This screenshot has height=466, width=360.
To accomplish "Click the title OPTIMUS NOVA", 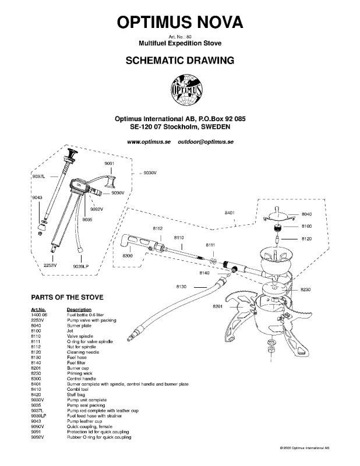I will tap(180, 22).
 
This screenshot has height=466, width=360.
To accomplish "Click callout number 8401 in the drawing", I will tap(230, 214).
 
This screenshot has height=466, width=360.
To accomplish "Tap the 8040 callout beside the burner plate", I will tap(307, 214).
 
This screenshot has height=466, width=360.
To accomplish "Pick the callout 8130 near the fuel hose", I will tap(181, 287).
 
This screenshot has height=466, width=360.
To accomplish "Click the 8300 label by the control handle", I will tap(128, 256).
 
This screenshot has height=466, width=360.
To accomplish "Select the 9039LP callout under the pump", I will tap(81, 266).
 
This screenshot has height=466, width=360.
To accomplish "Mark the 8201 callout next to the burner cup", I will tap(218, 306).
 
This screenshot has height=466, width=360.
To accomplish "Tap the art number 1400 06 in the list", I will tap(40, 314).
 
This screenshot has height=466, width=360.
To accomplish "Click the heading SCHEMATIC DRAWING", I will tap(180, 59).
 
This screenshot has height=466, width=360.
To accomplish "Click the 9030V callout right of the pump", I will tap(151, 173).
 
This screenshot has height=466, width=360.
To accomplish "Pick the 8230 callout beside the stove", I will tap(306, 290).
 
